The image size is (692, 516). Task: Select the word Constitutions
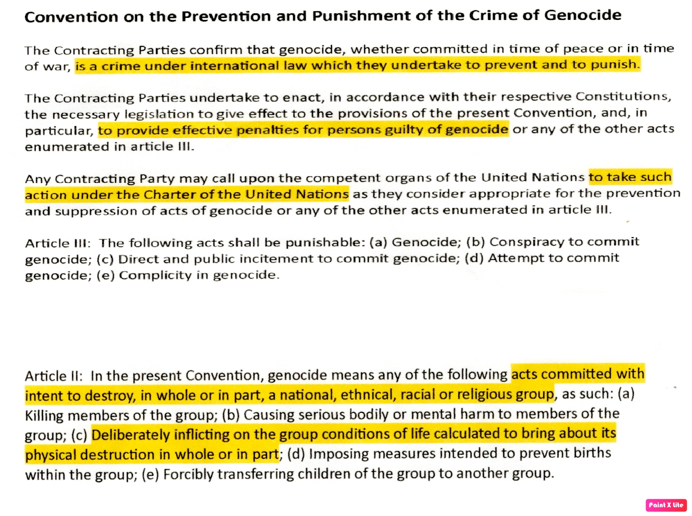point(623,96)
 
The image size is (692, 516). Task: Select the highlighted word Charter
point(170,195)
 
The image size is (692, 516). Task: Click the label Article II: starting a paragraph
point(54,376)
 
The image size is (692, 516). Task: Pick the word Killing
point(44,415)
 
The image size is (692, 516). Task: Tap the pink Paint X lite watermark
point(666,505)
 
